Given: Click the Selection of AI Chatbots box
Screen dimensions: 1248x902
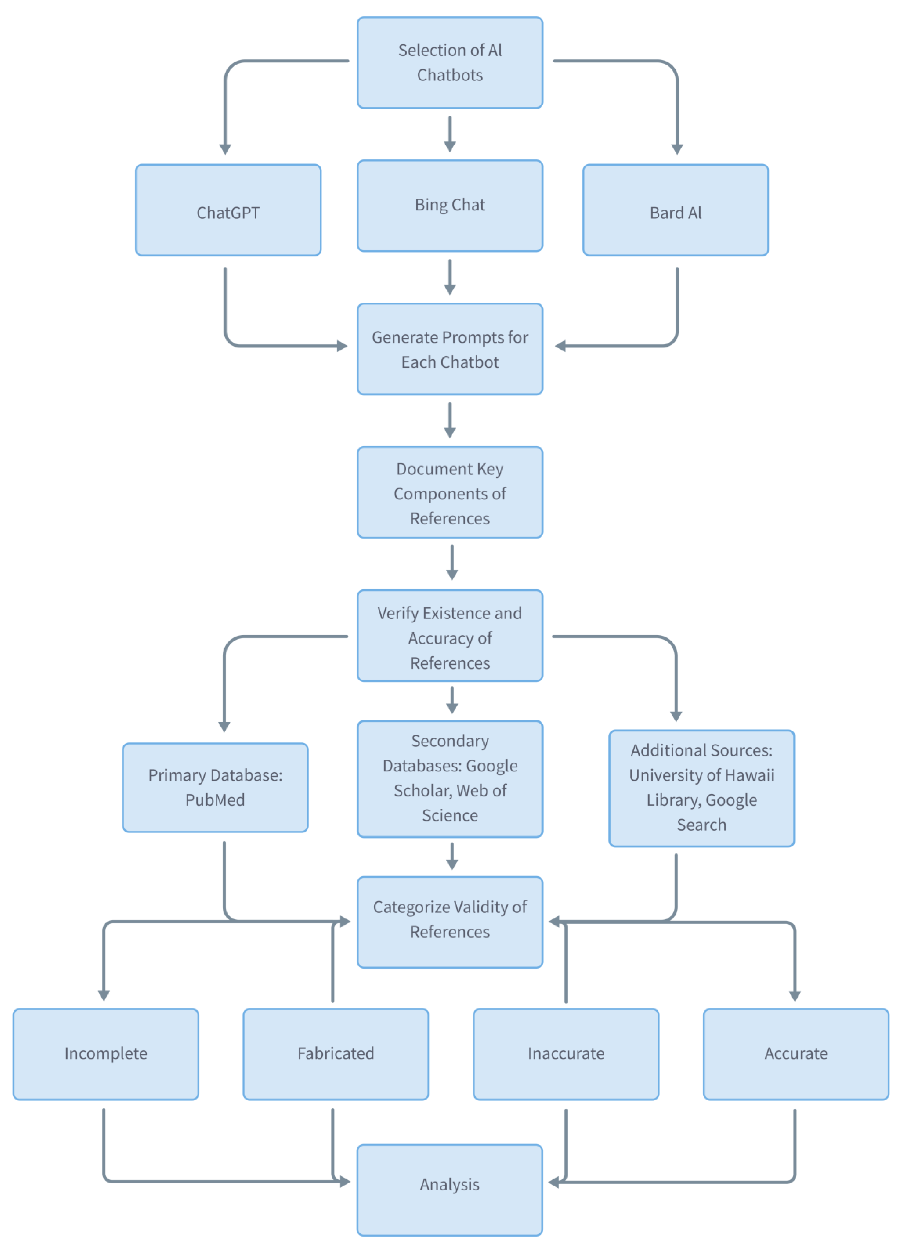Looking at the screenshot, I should click(450, 62).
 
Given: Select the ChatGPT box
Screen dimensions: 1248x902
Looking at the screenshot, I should click(228, 210).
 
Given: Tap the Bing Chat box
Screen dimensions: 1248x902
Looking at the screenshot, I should click(450, 206).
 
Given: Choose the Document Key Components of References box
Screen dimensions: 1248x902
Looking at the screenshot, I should click(450, 492).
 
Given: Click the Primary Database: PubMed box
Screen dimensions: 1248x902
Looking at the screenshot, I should click(215, 787).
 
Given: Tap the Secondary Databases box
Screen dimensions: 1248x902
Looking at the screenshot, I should click(450, 779).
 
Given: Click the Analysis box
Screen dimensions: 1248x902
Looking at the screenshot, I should click(450, 1190).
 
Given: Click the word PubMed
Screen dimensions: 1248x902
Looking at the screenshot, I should click(215, 800).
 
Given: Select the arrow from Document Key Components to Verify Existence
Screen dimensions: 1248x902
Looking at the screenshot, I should click(452, 562).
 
